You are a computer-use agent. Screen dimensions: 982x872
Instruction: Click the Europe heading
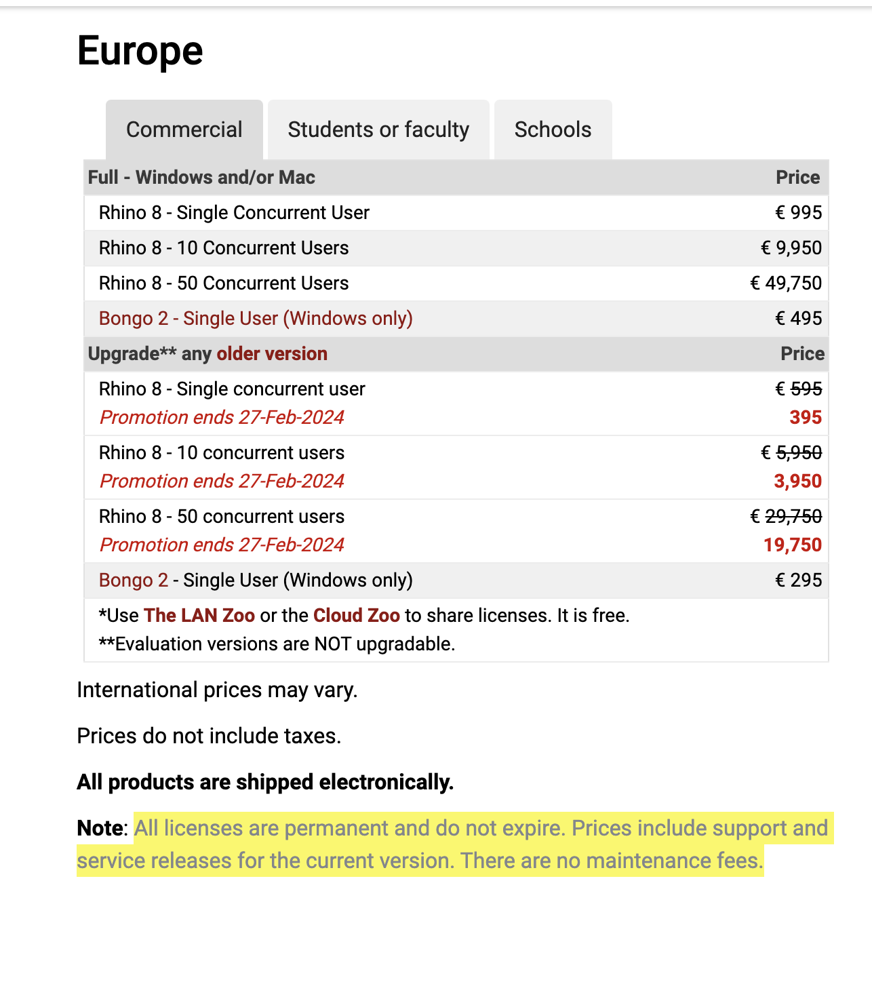pyautogui.click(x=140, y=51)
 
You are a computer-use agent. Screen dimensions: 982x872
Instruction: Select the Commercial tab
pyautogui.click(x=184, y=130)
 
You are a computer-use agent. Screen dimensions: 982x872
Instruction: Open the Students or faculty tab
pyautogui.click(x=378, y=130)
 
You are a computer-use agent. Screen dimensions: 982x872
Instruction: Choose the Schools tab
pyautogui.click(x=553, y=130)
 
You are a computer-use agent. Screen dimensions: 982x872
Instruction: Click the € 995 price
pyautogui.click(x=798, y=213)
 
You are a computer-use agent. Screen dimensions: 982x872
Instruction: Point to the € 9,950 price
pyautogui.click(x=791, y=248)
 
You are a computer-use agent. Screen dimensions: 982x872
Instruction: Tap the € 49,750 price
pyautogui.click(x=786, y=283)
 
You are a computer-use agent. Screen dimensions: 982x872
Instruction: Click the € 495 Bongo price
pyautogui.click(x=798, y=319)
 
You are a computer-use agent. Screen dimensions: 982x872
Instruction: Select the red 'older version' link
pyautogui.click(x=272, y=354)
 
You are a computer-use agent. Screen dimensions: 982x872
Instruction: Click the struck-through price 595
pyautogui.click(x=806, y=389)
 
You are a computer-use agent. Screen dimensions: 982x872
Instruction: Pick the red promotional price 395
pyautogui.click(x=806, y=418)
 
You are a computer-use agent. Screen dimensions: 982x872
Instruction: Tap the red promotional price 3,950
pyautogui.click(x=797, y=482)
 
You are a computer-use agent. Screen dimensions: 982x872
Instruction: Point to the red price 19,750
pyautogui.click(x=793, y=545)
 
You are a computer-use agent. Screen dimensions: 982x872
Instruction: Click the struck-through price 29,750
pyautogui.click(x=793, y=517)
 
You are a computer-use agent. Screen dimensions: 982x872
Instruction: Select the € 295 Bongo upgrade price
pyautogui.click(x=798, y=581)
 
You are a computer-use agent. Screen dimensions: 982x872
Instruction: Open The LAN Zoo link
pyautogui.click(x=199, y=616)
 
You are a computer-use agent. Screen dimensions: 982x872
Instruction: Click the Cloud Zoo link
pyautogui.click(x=356, y=616)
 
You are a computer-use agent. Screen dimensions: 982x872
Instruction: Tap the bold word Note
pyautogui.click(x=99, y=828)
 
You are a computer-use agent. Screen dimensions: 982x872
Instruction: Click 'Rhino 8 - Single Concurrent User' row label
pyautogui.click(x=234, y=213)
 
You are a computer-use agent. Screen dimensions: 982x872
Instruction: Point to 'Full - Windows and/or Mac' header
pyautogui.click(x=201, y=178)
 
